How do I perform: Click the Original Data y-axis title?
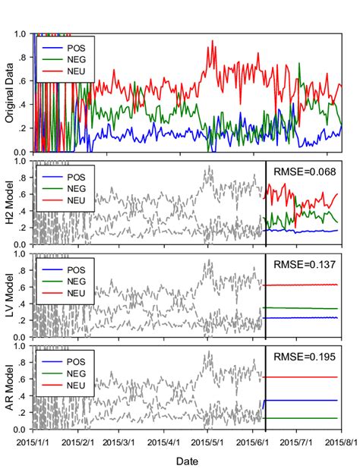[11, 93]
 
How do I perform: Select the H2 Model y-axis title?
[11, 202]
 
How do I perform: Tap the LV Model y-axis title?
[11, 295]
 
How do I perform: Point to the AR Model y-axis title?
[11, 388]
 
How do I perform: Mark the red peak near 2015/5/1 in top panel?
[213, 42]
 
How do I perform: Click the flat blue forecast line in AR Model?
[304, 400]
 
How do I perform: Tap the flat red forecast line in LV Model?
[304, 285]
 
